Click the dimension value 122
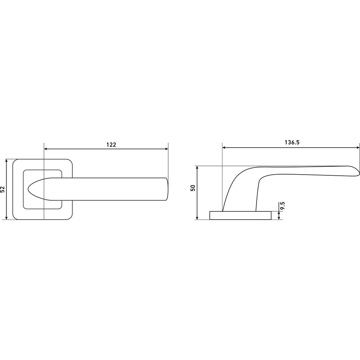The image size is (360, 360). pos(111,145)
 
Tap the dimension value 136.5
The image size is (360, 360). pos(292,142)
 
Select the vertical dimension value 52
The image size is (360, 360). pos(3,189)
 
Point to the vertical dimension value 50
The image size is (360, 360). pos(193,188)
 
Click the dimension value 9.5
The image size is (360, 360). pos(282,206)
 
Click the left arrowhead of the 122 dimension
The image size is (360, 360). pos(45,149)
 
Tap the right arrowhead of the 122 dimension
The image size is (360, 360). pos(166,149)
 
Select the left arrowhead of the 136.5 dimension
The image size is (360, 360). pos(224,148)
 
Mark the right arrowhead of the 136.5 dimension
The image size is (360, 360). pos(358,148)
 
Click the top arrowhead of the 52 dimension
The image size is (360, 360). pos(6,161)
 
